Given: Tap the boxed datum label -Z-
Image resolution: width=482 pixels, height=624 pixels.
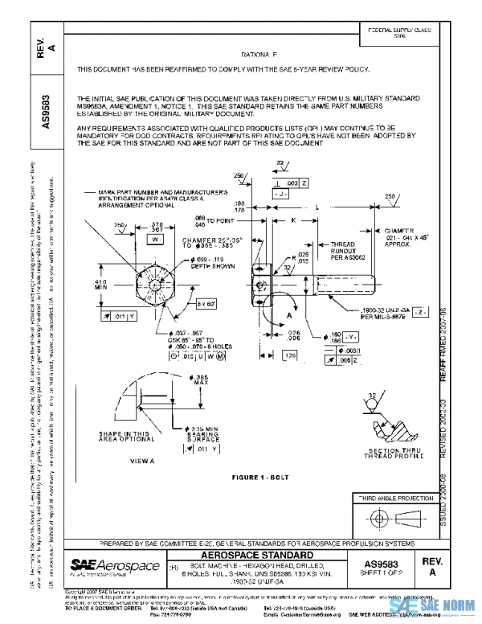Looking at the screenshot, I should (x=425, y=311).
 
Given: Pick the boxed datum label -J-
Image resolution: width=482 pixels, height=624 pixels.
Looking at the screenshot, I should (x=280, y=195).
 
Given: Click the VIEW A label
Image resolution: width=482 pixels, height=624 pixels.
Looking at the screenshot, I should (x=141, y=462).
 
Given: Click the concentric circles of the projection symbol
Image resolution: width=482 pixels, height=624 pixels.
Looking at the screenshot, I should (x=376, y=517).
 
